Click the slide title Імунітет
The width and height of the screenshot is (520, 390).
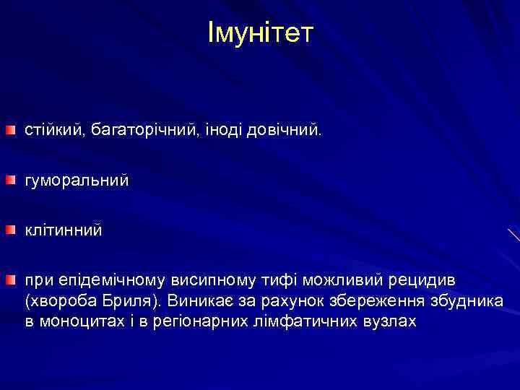[x=260, y=32]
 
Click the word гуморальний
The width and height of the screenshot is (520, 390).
[x=77, y=180]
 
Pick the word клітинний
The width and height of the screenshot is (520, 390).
[x=64, y=230]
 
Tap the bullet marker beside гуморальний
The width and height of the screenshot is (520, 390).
[x=11, y=179]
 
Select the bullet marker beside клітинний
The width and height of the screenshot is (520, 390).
[x=11, y=230]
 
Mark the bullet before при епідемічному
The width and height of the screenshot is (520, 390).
[x=11, y=279]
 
